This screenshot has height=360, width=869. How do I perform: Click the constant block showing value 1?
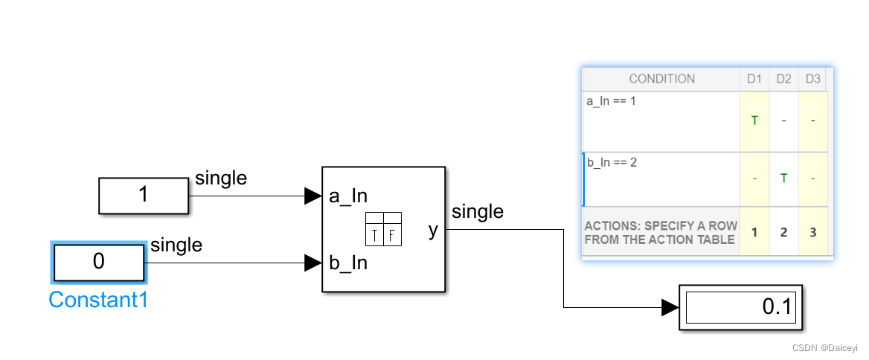click(144, 196)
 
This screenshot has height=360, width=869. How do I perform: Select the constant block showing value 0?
click(99, 263)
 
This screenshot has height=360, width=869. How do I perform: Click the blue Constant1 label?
click(98, 300)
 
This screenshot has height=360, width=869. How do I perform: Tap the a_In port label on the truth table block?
click(347, 196)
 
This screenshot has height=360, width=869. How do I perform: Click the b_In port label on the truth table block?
click(348, 263)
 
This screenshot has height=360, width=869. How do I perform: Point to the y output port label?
click(433, 231)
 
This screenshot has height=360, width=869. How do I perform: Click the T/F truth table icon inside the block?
click(384, 229)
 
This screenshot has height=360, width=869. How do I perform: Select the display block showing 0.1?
click(741, 306)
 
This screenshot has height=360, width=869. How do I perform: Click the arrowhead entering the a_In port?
click(313, 196)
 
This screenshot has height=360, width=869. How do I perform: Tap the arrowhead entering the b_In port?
click(313, 263)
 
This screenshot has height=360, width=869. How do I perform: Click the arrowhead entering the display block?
click(670, 306)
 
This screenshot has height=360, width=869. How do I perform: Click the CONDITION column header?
click(661, 79)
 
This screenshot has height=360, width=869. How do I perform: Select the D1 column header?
click(755, 79)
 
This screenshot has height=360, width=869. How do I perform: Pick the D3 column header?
click(813, 79)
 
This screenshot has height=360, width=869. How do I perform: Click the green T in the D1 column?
click(755, 120)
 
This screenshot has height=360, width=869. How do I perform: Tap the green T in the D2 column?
click(783, 179)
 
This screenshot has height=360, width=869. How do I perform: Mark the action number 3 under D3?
click(813, 232)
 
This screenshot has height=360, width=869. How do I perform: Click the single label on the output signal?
click(478, 212)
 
